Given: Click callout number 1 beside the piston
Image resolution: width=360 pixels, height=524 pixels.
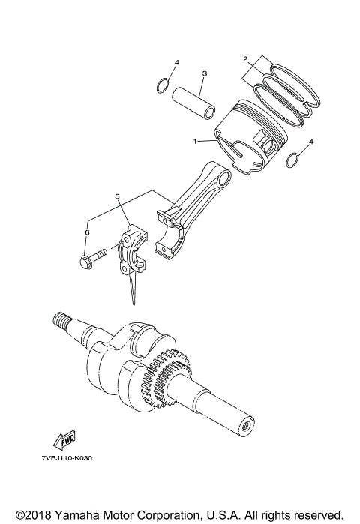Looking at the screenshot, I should [195, 140].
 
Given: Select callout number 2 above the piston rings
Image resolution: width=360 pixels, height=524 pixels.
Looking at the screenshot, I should [244, 58].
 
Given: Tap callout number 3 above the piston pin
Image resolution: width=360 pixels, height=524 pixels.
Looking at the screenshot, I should [203, 73].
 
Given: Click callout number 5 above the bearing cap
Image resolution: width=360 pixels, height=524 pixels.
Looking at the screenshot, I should [117, 196].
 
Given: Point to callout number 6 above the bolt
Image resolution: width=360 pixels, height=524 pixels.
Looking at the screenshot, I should [87, 233].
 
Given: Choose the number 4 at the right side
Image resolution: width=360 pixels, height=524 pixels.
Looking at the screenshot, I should [311, 141].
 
